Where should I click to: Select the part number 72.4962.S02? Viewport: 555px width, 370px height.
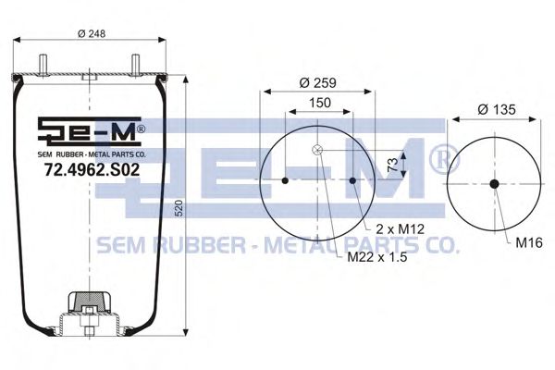(92, 169)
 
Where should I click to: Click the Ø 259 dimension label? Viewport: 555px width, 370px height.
(317, 82)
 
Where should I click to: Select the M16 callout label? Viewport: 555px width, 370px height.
(528, 242)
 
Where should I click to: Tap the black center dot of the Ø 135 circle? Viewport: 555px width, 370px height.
(494, 183)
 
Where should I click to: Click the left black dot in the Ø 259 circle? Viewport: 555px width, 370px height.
(285, 180)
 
